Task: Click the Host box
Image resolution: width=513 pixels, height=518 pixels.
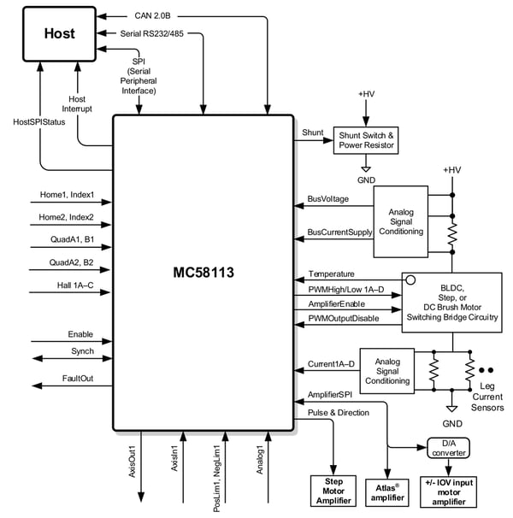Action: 60,33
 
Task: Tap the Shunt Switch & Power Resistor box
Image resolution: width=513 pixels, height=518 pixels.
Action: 366,139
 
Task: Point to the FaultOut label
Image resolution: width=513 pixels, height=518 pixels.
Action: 78,379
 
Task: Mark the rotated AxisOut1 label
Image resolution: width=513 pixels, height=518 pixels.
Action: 133,461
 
